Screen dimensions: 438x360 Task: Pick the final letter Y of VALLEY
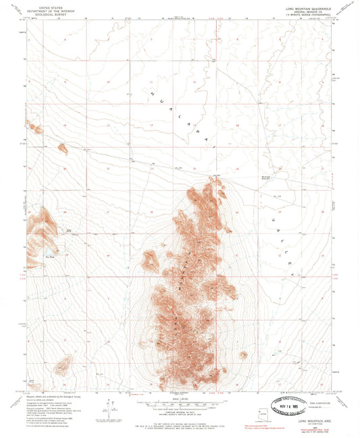coord(292,275)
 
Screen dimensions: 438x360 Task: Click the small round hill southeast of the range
coord(243,354)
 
